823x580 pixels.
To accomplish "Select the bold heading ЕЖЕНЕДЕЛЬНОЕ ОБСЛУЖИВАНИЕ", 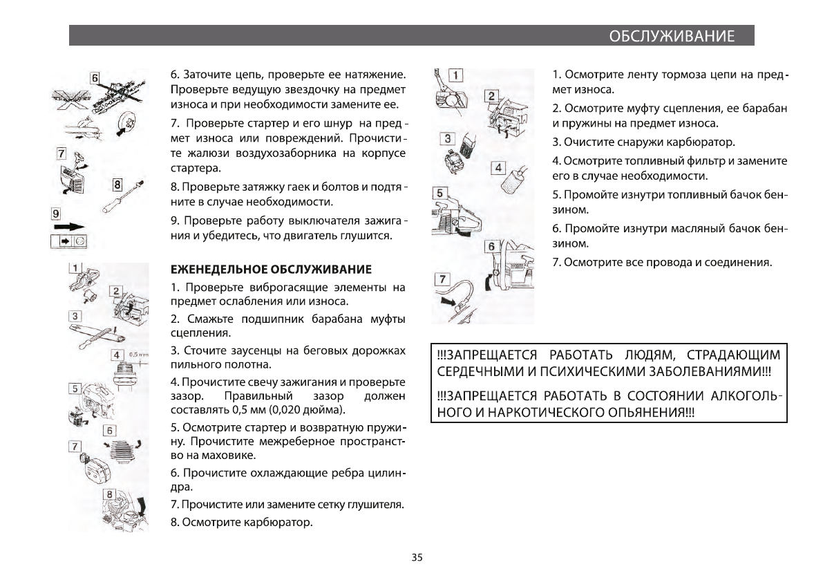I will click(x=271, y=269).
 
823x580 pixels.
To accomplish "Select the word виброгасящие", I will click(x=282, y=287).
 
